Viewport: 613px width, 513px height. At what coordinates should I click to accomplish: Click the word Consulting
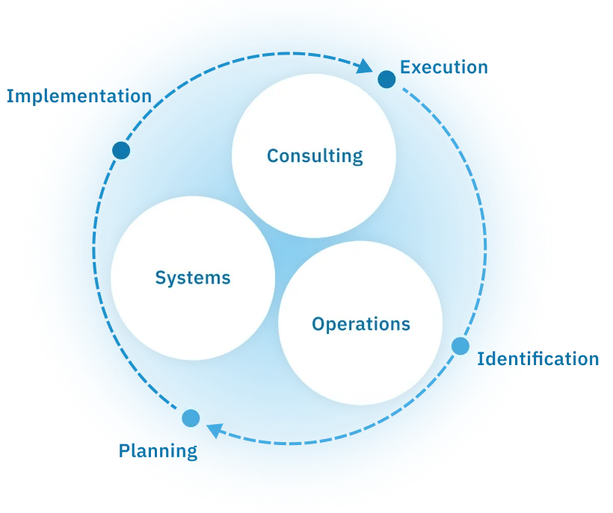coord(315,156)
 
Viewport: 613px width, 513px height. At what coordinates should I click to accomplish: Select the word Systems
coord(193,279)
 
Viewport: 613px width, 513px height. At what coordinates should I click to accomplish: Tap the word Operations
coord(361,324)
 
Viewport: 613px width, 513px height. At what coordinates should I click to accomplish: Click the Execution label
coord(443,67)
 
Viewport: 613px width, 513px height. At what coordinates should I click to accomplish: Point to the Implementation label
coord(78,96)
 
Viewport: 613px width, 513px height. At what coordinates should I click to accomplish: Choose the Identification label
coord(538,359)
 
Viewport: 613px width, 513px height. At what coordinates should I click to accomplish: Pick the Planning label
coord(158,451)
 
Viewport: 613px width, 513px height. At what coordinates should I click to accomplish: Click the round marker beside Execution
coord(386,78)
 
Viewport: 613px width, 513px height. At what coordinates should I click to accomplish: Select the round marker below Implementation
coord(121,151)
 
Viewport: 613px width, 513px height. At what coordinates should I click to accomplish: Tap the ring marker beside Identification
coord(460,346)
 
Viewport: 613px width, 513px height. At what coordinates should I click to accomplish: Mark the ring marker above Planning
coord(191,418)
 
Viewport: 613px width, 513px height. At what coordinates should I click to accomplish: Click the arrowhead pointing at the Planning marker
coord(214,429)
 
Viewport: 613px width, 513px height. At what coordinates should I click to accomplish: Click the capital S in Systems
coord(160,278)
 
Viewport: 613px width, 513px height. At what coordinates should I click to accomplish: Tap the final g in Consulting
coord(357,158)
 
